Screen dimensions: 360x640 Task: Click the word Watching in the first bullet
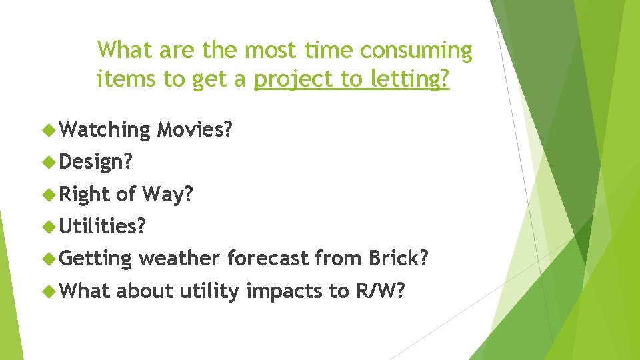click(105, 129)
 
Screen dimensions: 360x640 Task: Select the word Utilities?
click(103, 226)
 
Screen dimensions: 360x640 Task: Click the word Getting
click(96, 259)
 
